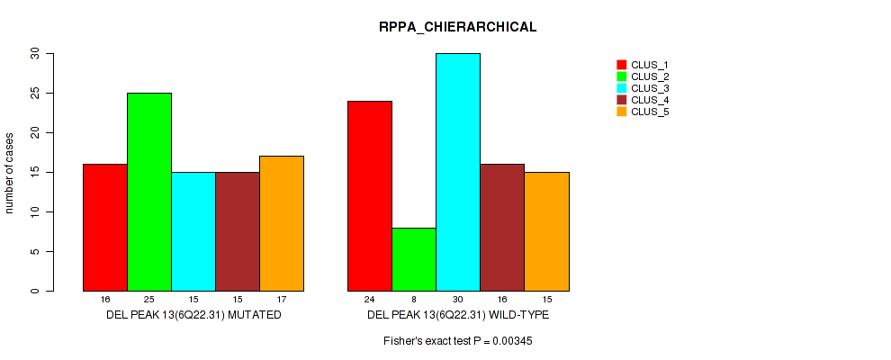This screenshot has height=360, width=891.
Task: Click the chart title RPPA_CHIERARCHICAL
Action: pos(457,27)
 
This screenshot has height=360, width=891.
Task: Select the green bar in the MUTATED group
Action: pos(149,192)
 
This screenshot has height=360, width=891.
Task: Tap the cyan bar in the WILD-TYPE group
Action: pos(458,172)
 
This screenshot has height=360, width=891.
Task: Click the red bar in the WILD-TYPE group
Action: pos(370,196)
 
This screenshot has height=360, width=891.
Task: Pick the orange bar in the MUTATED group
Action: pos(282,223)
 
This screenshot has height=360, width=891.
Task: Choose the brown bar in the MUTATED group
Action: pos(238,231)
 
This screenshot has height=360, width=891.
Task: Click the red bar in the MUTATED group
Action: pos(105,228)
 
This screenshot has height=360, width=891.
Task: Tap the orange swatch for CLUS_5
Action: pos(621,112)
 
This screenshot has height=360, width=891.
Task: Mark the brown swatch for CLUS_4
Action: pos(621,100)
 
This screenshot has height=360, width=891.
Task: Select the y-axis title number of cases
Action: pos(10,173)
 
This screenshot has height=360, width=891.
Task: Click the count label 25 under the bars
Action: pos(149,299)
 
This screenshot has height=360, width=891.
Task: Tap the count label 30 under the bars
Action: pos(458,299)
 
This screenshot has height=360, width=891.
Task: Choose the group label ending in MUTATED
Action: pos(193,316)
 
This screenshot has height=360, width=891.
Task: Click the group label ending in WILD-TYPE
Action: pos(458,316)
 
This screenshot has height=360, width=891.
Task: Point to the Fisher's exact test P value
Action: pos(457,342)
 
